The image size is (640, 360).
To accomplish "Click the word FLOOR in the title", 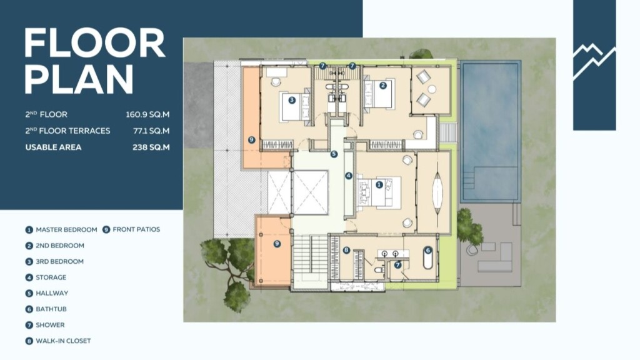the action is click(94, 43).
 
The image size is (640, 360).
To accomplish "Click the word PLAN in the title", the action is click(79, 79).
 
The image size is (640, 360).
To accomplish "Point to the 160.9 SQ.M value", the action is click(147, 115).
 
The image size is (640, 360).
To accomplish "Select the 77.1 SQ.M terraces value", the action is click(151, 131).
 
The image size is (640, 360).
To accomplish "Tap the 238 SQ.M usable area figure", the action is click(151, 147).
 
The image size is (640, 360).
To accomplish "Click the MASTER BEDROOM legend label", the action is click(66, 230).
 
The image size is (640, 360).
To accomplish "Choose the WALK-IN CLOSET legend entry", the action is click(63, 341).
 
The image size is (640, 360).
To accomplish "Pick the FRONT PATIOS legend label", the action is click(136, 229).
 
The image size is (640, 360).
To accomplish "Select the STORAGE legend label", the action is click(51, 277).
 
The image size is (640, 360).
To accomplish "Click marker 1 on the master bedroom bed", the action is click(379, 185).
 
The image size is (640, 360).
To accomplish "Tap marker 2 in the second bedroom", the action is click(383, 85).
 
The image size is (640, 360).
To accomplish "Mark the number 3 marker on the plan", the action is click(291, 100).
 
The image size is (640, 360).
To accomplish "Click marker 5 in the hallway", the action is click(334, 154).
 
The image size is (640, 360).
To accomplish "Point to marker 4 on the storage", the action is click(348, 176).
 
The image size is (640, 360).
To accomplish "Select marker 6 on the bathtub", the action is click(427, 250).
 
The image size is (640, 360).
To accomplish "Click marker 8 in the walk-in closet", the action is click(346, 250).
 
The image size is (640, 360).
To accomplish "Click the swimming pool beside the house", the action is click(490, 131).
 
